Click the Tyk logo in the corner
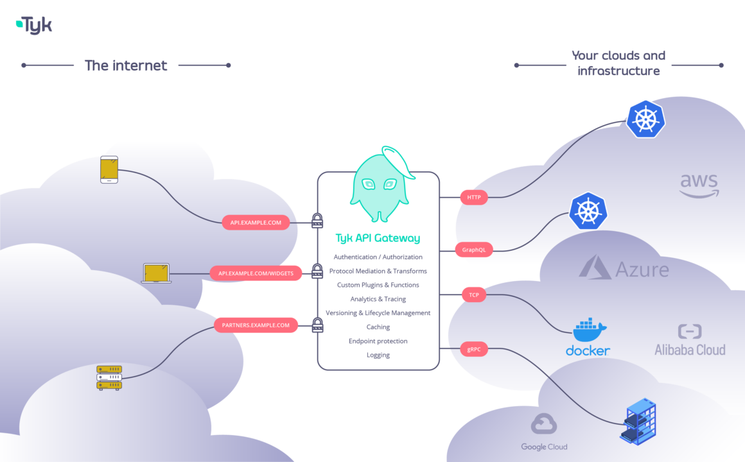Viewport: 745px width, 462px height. (x=34, y=25)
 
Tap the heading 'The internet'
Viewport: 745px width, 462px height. (x=126, y=65)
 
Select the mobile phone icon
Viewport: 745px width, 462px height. (x=109, y=169)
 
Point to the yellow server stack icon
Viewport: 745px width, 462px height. (x=109, y=377)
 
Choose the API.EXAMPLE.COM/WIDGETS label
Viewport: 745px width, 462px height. (x=256, y=273)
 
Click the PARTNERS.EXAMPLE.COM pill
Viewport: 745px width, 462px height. (x=256, y=325)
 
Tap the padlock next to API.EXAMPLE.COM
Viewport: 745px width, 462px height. (x=317, y=221)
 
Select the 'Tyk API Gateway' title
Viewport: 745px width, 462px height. (x=378, y=238)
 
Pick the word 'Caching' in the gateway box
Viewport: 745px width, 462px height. (x=378, y=327)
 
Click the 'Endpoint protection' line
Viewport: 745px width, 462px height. (x=378, y=341)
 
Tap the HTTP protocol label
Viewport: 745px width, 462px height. (x=473, y=198)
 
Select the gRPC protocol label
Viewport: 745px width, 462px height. (x=474, y=350)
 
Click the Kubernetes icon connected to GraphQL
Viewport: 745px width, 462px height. (x=588, y=210)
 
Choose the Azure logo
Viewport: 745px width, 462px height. (x=624, y=268)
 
